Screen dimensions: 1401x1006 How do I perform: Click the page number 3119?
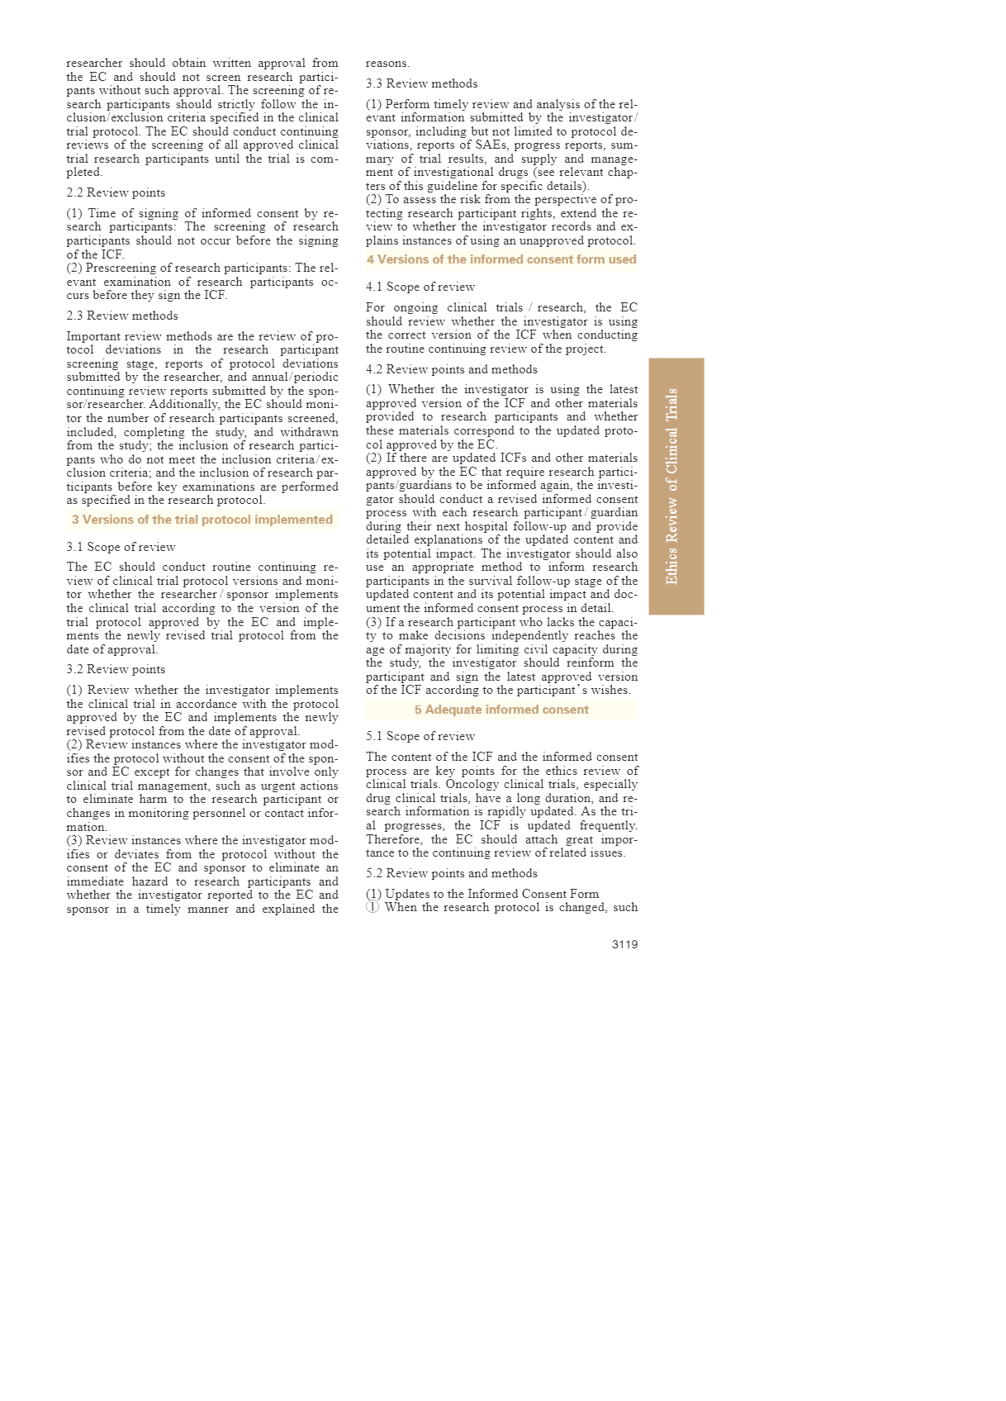pyautogui.click(x=624, y=944)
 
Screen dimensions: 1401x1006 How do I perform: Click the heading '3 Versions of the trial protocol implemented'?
pyautogui.click(x=202, y=520)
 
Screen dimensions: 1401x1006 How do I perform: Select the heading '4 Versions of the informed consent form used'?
pyautogui.click(x=501, y=259)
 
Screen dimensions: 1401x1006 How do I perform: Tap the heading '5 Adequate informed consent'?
pyautogui.click(x=501, y=710)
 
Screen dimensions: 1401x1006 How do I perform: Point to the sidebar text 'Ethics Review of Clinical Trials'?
pyautogui.click(x=672, y=487)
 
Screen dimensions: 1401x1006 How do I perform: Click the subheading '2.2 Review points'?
pyautogui.click(x=116, y=192)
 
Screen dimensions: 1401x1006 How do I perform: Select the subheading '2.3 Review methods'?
pyautogui.click(x=122, y=316)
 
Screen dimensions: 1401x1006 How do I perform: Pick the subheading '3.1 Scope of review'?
pyautogui.click(x=121, y=547)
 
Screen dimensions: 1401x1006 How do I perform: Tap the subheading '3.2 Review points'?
pyautogui.click(x=116, y=669)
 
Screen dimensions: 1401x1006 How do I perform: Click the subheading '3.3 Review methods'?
pyautogui.click(x=421, y=83)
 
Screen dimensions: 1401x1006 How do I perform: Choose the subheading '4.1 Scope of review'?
pyautogui.click(x=420, y=287)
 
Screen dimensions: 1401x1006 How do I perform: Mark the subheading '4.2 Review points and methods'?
pyautogui.click(x=452, y=369)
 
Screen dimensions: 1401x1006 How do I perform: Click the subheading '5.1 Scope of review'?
pyautogui.click(x=420, y=736)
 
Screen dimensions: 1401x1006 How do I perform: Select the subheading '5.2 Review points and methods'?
pyautogui.click(x=452, y=873)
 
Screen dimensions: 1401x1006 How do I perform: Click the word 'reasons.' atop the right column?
pyautogui.click(x=387, y=63)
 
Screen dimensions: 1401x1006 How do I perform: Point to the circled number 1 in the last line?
pyautogui.click(x=373, y=907)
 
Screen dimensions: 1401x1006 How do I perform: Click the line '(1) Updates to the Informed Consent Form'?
pyautogui.click(x=482, y=894)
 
